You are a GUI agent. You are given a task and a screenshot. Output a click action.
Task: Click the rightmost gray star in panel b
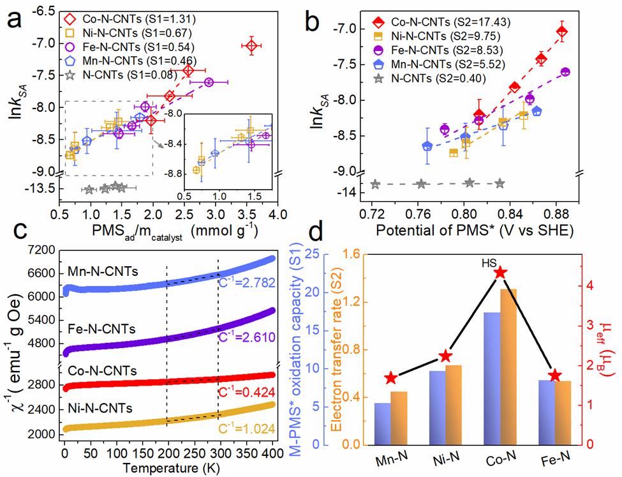500,183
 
